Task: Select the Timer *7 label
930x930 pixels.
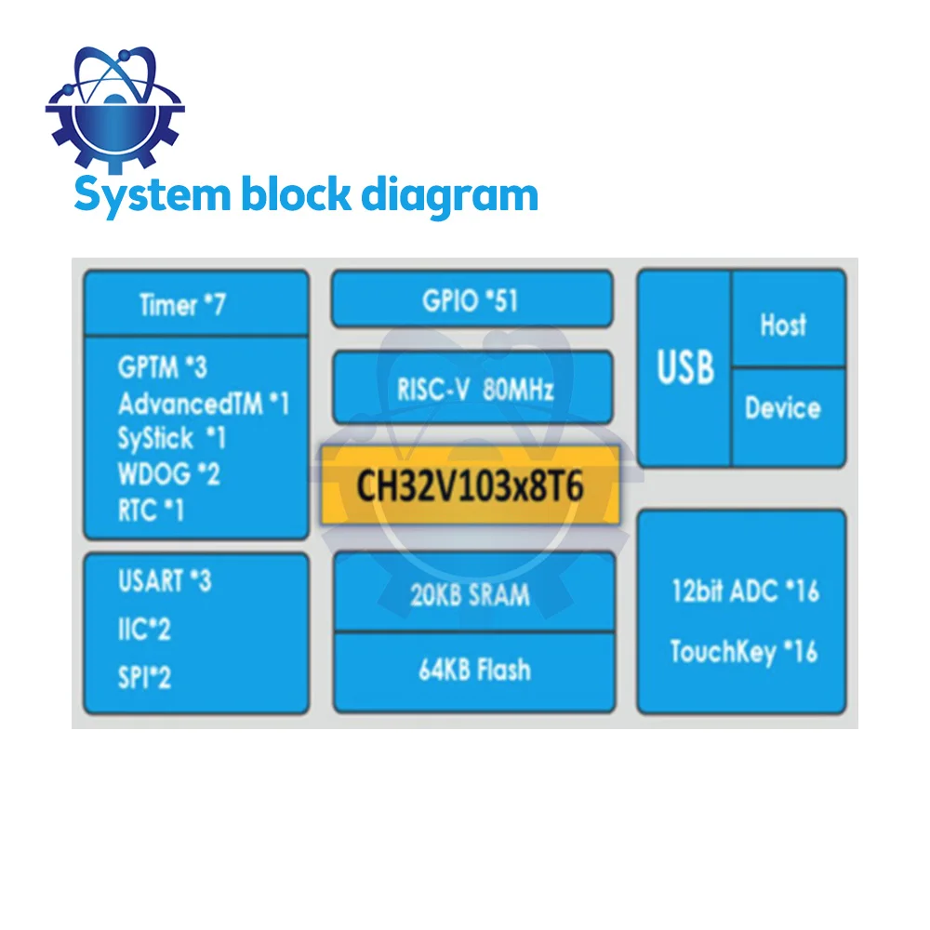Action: pyautogui.click(x=182, y=304)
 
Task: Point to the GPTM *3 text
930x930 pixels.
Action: pyautogui.click(x=162, y=367)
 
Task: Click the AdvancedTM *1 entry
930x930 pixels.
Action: pyautogui.click(x=204, y=404)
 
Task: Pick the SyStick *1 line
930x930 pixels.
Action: pyautogui.click(x=171, y=438)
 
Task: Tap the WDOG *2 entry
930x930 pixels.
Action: pyautogui.click(x=168, y=473)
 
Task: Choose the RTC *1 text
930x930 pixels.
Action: pyautogui.click(x=151, y=510)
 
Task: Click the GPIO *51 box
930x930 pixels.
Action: pyautogui.click(x=472, y=299)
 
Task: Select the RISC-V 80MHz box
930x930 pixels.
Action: pyautogui.click(x=472, y=388)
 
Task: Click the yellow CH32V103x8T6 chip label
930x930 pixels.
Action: pyautogui.click(x=471, y=486)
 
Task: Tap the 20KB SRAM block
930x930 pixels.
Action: pyautogui.click(x=472, y=594)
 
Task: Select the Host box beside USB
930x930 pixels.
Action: pyautogui.click(x=783, y=325)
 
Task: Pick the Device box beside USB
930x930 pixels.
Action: pyautogui.click(x=783, y=407)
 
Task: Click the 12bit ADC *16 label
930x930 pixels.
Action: pyautogui.click(x=745, y=591)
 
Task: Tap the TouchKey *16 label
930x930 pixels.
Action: pyautogui.click(x=744, y=651)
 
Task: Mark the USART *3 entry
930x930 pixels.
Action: pyautogui.click(x=165, y=581)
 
